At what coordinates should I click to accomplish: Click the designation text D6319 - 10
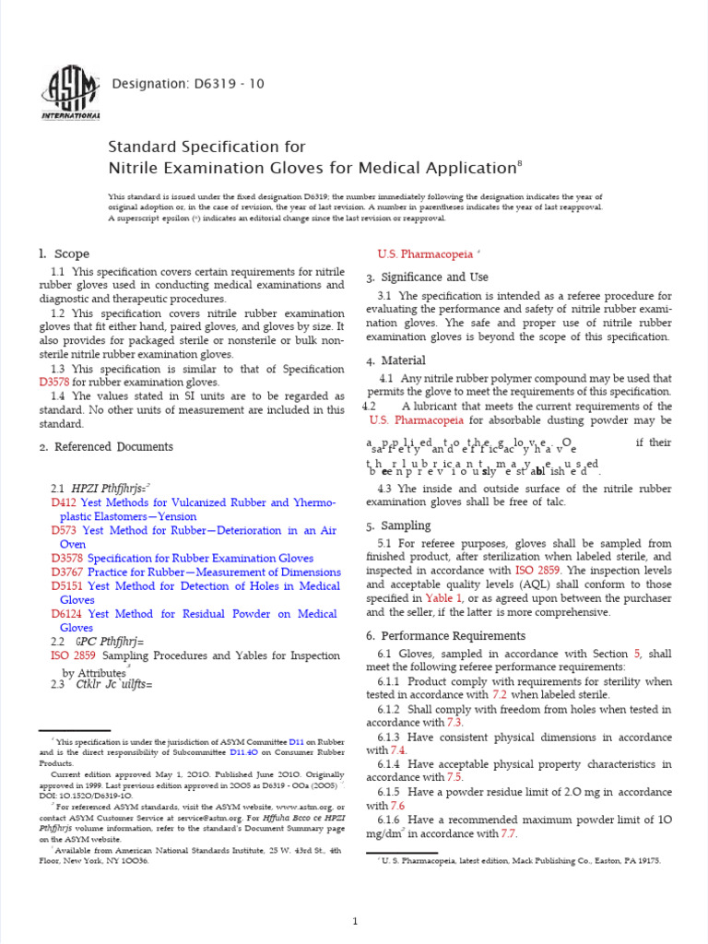[187, 84]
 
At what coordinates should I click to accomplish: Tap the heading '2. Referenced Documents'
[105, 447]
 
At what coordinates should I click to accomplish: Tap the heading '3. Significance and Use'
[427, 277]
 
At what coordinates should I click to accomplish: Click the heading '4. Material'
[395, 360]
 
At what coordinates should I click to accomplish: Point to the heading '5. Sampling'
[398, 525]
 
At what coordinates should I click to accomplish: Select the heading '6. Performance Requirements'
[445, 636]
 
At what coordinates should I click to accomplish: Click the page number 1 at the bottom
[355, 895]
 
